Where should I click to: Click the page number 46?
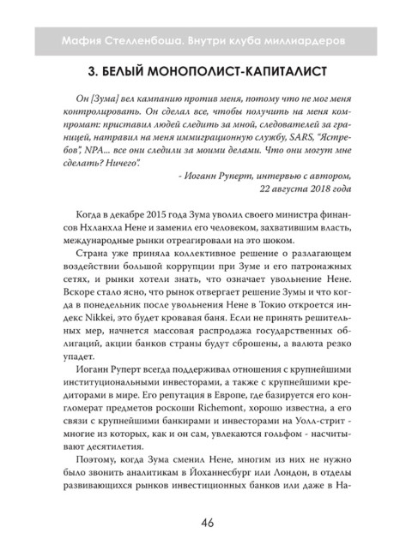pyautogui.click(x=206, y=525)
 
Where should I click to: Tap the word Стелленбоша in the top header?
pyautogui.click(x=140, y=42)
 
